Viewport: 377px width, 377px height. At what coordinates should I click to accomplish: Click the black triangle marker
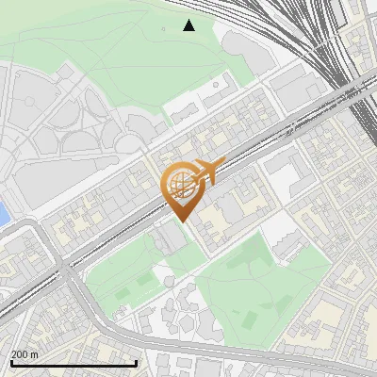[x=189, y=25]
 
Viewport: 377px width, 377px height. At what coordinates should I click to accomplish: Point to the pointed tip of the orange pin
[x=181, y=221]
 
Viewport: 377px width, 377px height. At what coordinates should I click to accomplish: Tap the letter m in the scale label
[x=35, y=354]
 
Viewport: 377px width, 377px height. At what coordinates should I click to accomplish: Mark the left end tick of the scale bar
[x=10, y=362]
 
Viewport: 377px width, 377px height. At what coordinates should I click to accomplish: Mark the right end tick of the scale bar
[x=137, y=362]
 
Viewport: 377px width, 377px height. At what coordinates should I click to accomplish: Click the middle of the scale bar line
[x=74, y=363]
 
